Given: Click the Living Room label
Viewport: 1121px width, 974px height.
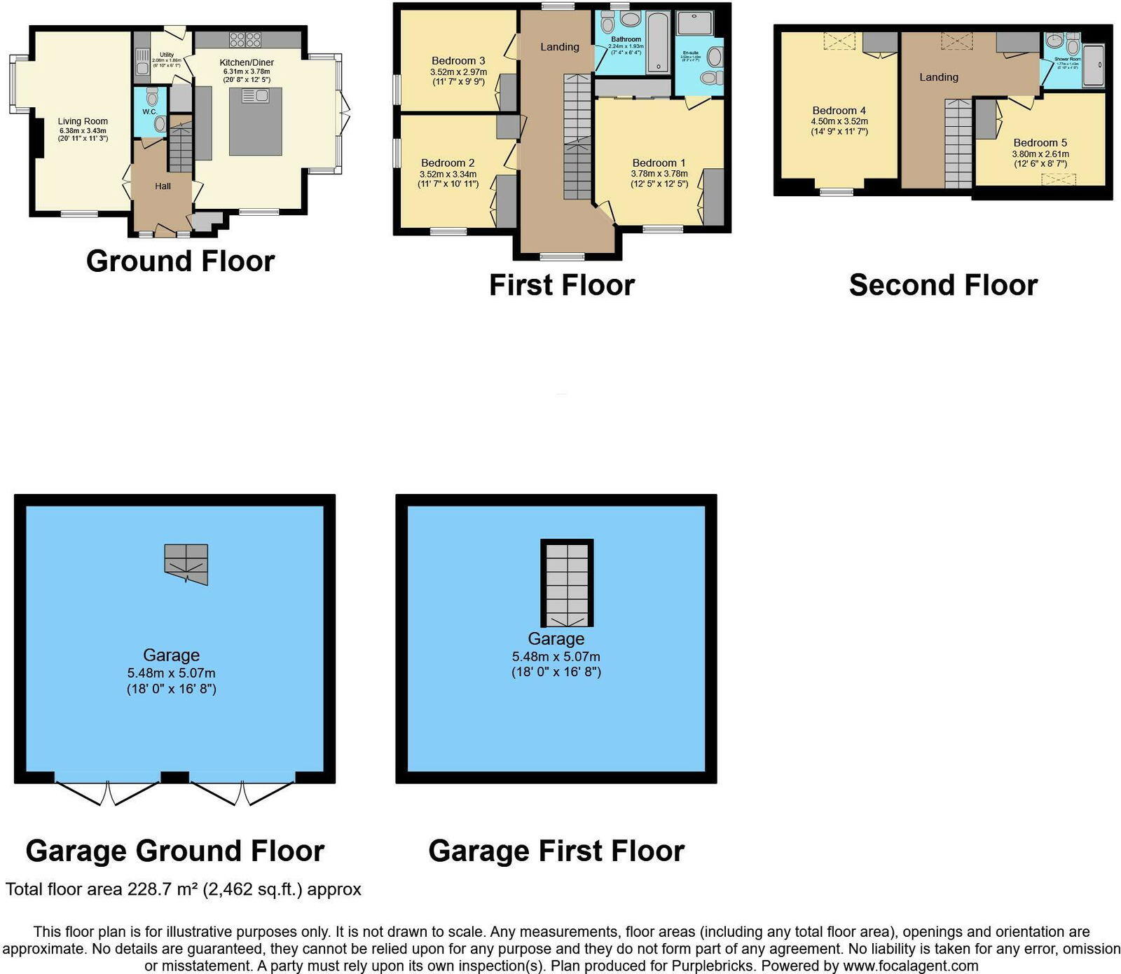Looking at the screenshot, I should click(83, 121).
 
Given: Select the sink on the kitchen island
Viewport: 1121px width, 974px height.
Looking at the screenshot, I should click(256, 96).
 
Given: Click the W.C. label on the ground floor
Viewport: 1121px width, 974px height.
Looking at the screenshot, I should click(149, 112).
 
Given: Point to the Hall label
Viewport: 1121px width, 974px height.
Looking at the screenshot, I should click(163, 186).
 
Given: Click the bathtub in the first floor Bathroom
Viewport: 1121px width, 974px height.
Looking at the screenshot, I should click(657, 42).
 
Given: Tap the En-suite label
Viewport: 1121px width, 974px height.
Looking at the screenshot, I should click(690, 53).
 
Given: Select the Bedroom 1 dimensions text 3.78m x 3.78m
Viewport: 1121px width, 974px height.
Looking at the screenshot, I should click(659, 174).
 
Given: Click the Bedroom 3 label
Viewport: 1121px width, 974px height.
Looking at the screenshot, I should click(458, 61).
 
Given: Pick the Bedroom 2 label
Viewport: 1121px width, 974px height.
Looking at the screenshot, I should click(448, 163).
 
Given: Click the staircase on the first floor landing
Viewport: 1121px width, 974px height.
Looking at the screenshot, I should click(577, 137).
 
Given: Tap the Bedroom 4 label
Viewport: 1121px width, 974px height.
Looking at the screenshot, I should click(839, 110).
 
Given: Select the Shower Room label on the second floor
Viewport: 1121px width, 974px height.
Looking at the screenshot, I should click(1067, 59).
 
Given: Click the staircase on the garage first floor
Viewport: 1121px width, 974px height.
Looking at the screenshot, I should click(567, 583).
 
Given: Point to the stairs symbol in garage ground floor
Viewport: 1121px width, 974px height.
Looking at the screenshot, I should click(186, 563).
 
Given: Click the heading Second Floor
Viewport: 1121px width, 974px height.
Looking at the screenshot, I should click(942, 285).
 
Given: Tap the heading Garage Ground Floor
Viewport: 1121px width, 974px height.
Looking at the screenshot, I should click(174, 851).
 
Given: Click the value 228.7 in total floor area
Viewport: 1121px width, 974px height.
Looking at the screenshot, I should click(148, 889).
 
